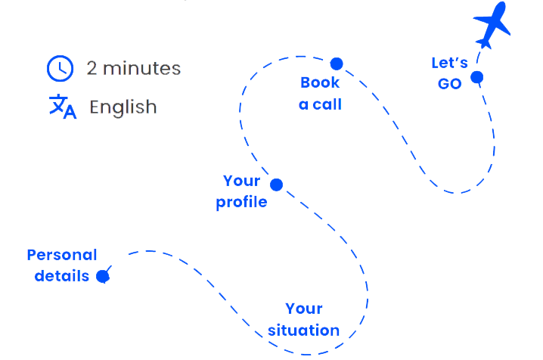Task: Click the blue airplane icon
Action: [x=492, y=25]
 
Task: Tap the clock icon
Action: [x=60, y=69]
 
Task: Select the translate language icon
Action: [x=62, y=107]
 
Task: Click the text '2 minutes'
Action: [x=133, y=69]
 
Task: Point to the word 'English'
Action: [x=123, y=107]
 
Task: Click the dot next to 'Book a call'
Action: [x=337, y=64]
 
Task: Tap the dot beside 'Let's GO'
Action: [x=476, y=77]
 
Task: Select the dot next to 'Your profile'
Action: [x=277, y=185]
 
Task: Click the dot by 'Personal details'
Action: [x=103, y=276]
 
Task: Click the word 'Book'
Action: [x=320, y=82]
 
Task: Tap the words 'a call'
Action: [x=320, y=104]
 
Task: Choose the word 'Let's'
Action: [x=449, y=63]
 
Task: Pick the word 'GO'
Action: [x=449, y=84]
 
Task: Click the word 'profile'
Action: [x=241, y=203]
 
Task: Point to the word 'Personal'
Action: [x=62, y=255]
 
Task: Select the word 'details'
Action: [x=62, y=276]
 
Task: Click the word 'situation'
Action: [x=303, y=331]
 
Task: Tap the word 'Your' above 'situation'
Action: [x=304, y=309]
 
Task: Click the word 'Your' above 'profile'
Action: [x=241, y=181]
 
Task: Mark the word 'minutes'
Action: [x=142, y=69]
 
